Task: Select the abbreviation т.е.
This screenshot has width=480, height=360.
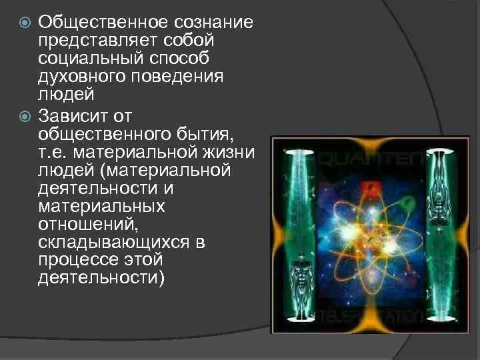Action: [x=53, y=154]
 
